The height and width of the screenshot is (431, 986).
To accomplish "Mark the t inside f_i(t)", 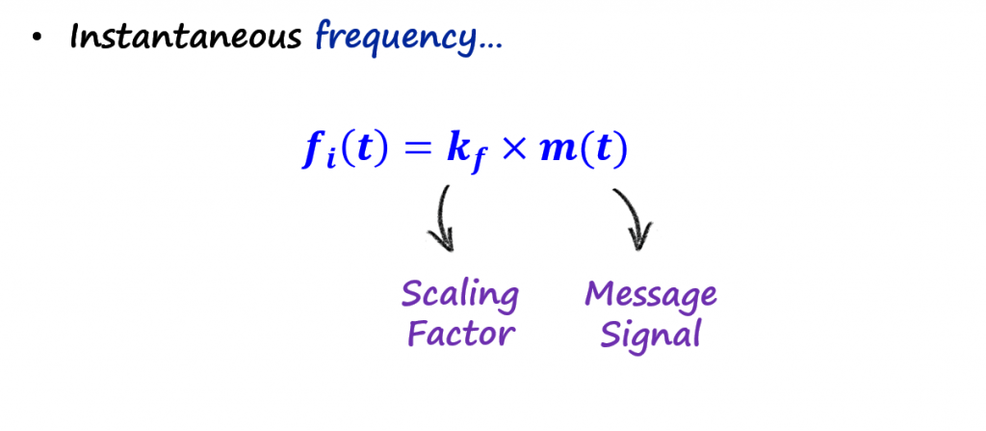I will [364, 151].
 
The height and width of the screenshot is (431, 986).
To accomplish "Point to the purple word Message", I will [651, 294].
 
